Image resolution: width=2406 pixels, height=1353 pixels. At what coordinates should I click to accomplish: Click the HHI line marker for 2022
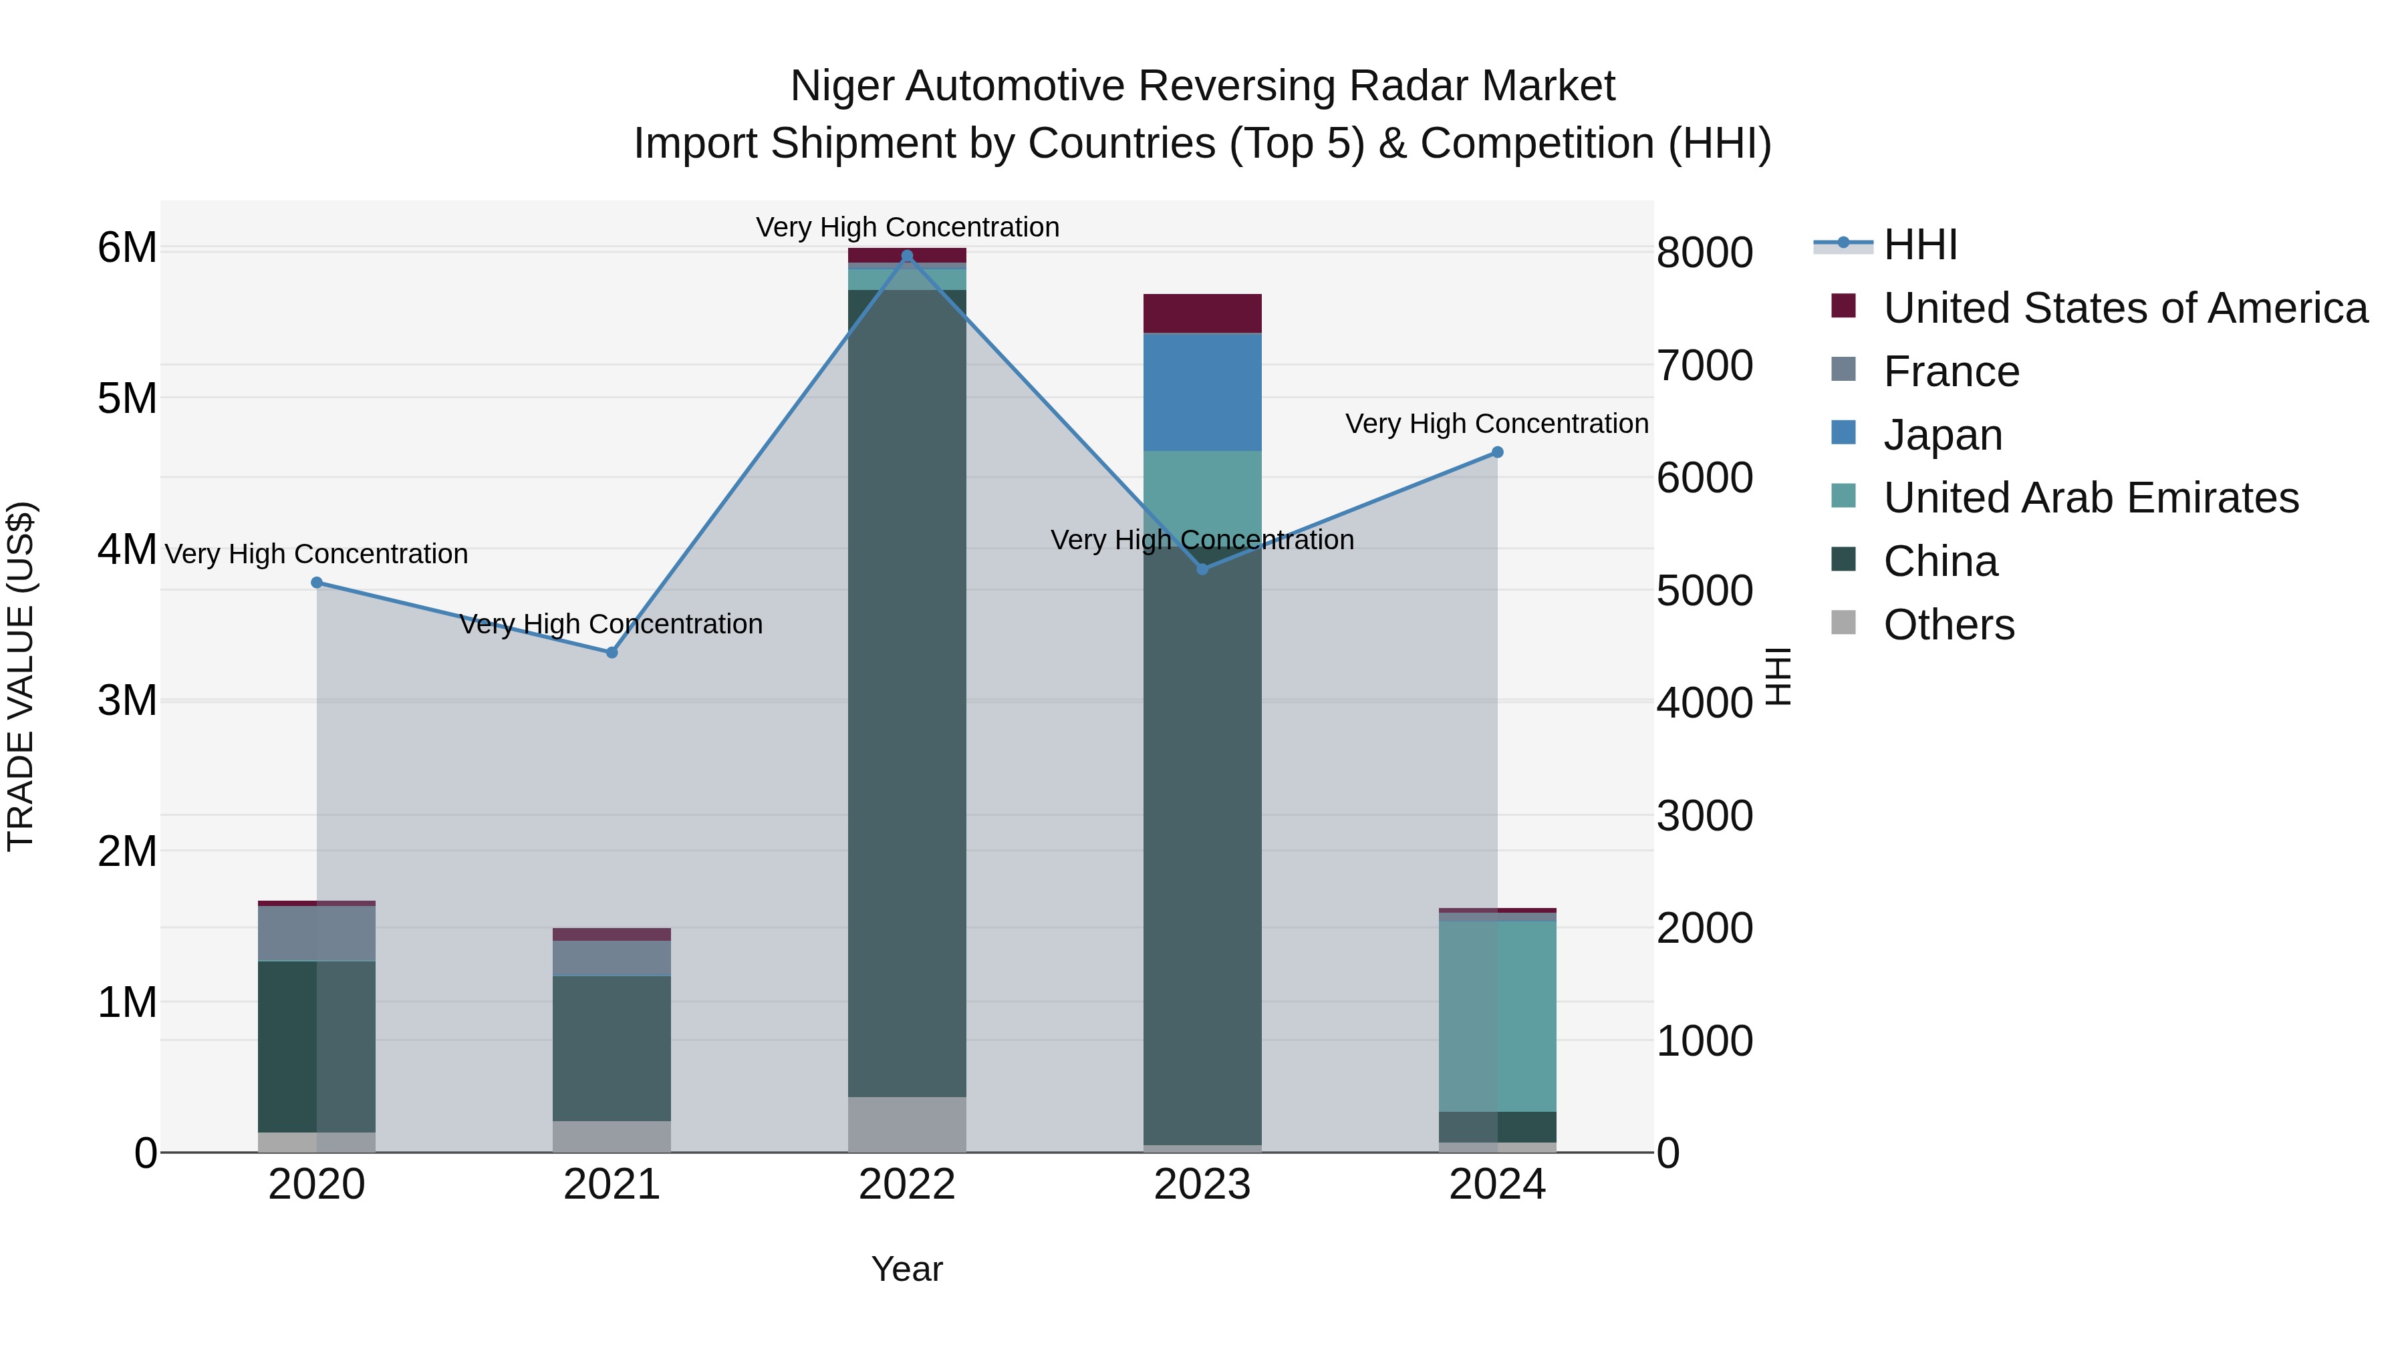click(907, 256)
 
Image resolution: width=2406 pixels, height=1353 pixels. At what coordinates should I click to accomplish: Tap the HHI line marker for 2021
click(612, 653)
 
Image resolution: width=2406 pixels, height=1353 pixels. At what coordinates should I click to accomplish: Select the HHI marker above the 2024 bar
click(1497, 452)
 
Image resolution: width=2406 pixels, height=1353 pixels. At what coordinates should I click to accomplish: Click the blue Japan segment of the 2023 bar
click(1202, 392)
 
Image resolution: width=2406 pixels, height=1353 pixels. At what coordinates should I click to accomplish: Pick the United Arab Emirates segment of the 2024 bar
click(1497, 1016)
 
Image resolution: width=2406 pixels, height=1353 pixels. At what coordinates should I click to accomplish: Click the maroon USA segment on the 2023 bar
click(1202, 314)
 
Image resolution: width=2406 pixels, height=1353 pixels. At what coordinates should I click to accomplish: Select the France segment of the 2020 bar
click(317, 933)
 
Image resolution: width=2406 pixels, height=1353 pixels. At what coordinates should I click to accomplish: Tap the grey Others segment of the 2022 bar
click(907, 1124)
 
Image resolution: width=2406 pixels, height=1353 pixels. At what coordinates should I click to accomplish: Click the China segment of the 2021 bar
click(612, 1048)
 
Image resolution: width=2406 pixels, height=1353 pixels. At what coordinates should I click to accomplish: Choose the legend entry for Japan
click(1943, 435)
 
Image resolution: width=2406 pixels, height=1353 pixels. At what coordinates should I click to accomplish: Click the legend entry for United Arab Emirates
click(2091, 498)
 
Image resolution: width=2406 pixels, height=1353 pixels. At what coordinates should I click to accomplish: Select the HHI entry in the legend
click(1920, 245)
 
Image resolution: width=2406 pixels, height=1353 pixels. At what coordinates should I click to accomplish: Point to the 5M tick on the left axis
click(127, 399)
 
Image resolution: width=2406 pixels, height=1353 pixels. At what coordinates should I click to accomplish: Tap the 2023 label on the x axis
click(1202, 1185)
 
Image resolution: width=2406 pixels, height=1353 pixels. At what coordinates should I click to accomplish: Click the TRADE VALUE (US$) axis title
click(21, 676)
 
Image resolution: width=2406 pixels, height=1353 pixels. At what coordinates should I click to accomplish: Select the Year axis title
click(907, 1269)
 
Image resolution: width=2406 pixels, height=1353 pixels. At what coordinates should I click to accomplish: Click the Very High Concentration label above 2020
click(317, 554)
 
